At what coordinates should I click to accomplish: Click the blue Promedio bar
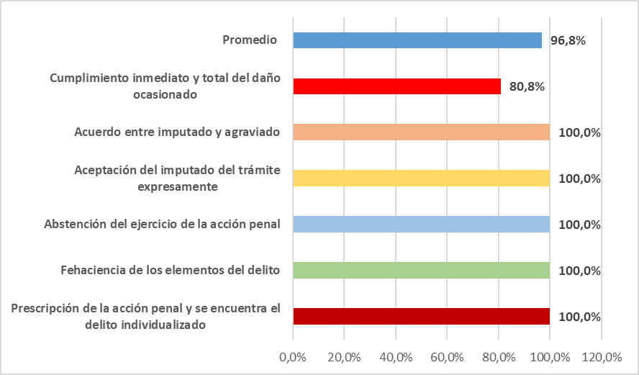pyautogui.click(x=417, y=40)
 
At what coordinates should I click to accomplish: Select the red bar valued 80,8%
pyautogui.click(x=396, y=86)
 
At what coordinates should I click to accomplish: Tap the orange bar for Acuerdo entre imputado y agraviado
pyautogui.click(x=421, y=132)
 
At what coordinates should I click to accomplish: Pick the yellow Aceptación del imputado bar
pyautogui.click(x=421, y=179)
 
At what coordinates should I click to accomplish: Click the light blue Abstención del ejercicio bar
pyautogui.click(x=421, y=225)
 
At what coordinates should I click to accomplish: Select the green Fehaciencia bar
pyautogui.click(x=421, y=271)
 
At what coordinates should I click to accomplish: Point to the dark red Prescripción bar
pyautogui.click(x=421, y=317)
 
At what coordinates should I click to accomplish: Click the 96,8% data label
pyautogui.click(x=568, y=40)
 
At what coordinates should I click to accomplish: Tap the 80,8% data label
pyautogui.click(x=527, y=86)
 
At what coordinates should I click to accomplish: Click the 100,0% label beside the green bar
pyautogui.click(x=579, y=271)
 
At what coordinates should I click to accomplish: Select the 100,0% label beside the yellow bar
pyautogui.click(x=579, y=179)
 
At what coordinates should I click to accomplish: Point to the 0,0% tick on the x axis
pyautogui.click(x=293, y=356)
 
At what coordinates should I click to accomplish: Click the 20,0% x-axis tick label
pyautogui.click(x=344, y=356)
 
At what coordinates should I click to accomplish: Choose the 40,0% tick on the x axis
pyautogui.click(x=396, y=356)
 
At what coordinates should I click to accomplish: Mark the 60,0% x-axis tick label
pyautogui.click(x=447, y=356)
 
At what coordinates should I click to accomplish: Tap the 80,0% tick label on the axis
pyautogui.click(x=499, y=356)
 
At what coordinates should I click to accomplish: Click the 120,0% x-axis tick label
pyautogui.click(x=602, y=356)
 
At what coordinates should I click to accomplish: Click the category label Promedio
pyautogui.click(x=250, y=40)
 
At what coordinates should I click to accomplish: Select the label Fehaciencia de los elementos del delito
pyautogui.click(x=170, y=271)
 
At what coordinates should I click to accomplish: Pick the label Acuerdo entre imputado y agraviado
pyautogui.click(x=177, y=132)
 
